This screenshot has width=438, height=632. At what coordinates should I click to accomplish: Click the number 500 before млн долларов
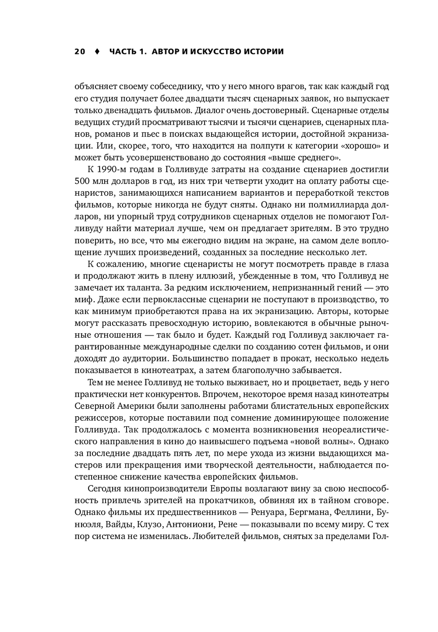point(82,181)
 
